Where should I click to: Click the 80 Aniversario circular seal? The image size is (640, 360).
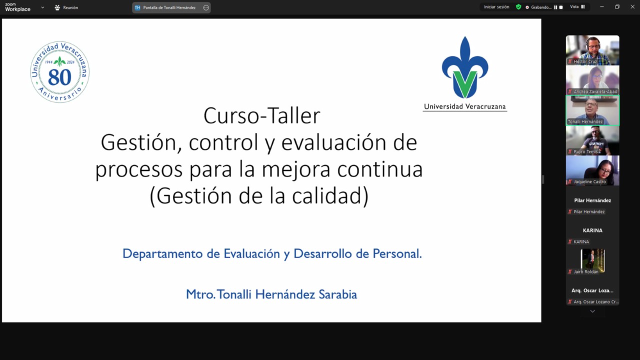(x=60, y=72)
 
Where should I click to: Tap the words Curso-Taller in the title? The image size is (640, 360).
(x=261, y=115)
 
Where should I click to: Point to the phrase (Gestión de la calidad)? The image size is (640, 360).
(x=259, y=195)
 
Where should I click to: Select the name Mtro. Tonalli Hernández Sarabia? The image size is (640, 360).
(x=271, y=294)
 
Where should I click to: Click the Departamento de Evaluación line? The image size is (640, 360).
(x=272, y=253)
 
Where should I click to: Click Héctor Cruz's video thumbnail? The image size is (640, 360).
(x=592, y=50)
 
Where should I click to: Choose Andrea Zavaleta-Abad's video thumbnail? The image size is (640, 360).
(x=592, y=80)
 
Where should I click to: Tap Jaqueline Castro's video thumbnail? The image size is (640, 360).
(x=592, y=170)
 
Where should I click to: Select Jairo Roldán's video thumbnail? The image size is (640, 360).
(x=592, y=260)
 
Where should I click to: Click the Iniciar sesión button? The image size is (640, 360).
(x=496, y=7)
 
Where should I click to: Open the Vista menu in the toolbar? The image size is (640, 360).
(x=577, y=7)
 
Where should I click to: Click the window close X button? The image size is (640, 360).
(x=632, y=7)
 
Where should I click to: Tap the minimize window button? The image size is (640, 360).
(x=602, y=7)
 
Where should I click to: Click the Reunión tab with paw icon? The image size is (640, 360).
(x=66, y=7)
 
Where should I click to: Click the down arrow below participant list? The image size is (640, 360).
(x=592, y=311)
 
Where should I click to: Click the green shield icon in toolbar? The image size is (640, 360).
(x=518, y=7)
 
